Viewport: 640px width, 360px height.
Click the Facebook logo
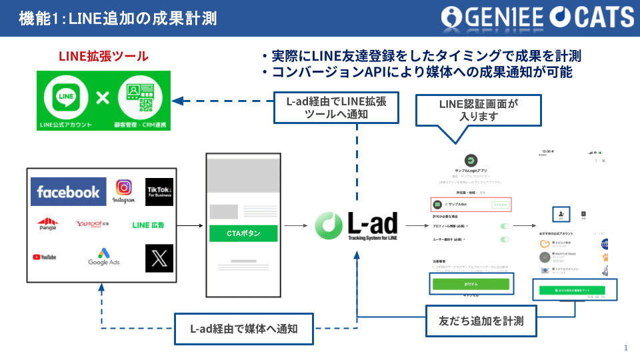point(68,192)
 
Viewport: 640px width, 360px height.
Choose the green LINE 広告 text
point(148,225)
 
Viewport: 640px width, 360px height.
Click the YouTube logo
point(44,257)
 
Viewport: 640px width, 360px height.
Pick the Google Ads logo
point(104,257)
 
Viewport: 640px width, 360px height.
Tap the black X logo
point(159,257)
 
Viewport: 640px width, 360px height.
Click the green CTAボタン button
point(243,233)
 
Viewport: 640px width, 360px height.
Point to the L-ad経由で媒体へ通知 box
point(244,329)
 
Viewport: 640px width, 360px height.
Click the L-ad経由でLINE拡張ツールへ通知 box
point(337,107)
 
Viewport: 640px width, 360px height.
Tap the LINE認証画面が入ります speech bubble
point(460,110)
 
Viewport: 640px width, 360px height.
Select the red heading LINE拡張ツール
point(103,57)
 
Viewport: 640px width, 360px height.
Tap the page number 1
point(626,348)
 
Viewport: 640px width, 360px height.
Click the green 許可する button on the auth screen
point(471,284)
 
